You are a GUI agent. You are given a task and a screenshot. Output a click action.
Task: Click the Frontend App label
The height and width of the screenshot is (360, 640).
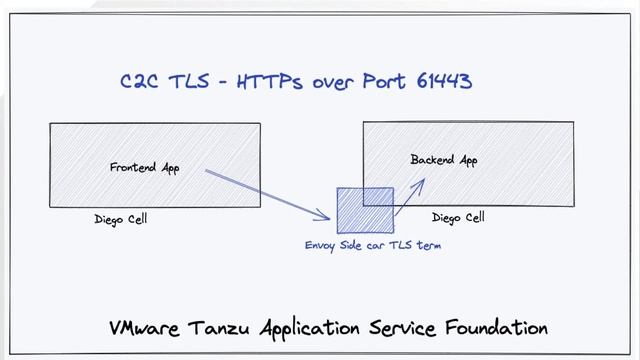pyautogui.click(x=144, y=168)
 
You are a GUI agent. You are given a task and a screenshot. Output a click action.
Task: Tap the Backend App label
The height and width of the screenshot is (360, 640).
pyautogui.click(x=444, y=160)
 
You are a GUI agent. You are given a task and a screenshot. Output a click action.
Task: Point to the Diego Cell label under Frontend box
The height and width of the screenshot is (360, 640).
pyautogui.click(x=121, y=220)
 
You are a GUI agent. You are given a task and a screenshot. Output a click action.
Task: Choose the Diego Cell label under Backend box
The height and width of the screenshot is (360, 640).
pyautogui.click(x=458, y=218)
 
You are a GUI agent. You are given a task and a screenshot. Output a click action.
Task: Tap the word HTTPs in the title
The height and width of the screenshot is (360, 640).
pyautogui.click(x=270, y=82)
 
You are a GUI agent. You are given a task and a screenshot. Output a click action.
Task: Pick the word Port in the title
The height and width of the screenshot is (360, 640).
pyautogui.click(x=380, y=82)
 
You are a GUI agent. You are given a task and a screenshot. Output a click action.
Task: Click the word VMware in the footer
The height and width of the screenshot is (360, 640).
pyautogui.click(x=145, y=328)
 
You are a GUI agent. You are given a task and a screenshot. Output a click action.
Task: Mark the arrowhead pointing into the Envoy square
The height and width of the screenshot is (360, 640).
pyautogui.click(x=326, y=216)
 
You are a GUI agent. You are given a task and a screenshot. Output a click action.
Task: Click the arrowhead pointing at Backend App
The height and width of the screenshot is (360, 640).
pyautogui.click(x=421, y=183)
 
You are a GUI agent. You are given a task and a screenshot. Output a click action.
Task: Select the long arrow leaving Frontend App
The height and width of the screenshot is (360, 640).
pyautogui.click(x=265, y=193)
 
